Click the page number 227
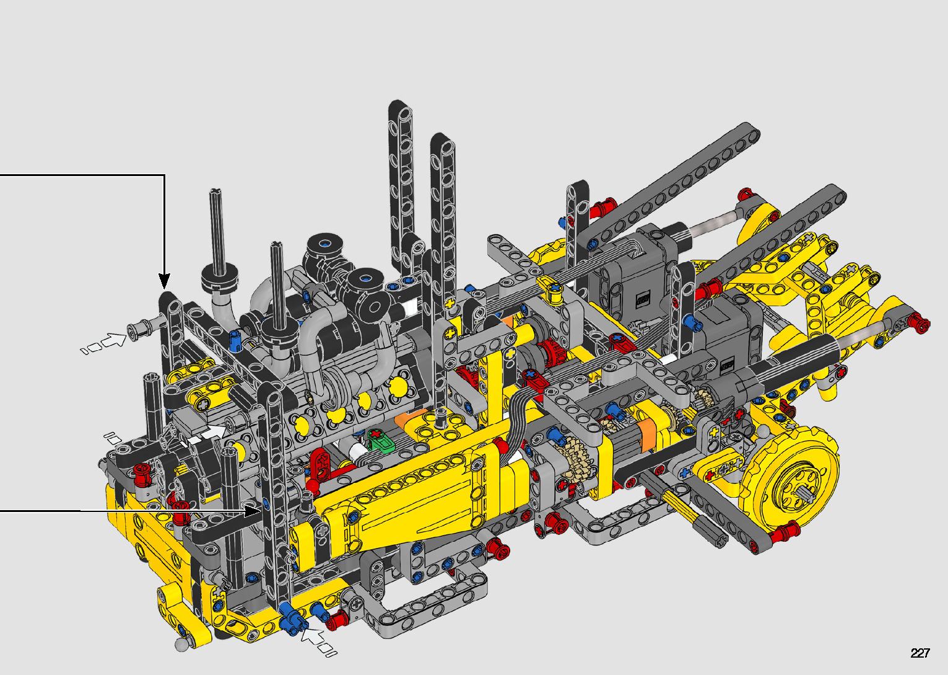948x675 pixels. point(920,653)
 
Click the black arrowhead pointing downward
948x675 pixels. point(164,281)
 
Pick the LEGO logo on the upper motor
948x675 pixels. point(643,299)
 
